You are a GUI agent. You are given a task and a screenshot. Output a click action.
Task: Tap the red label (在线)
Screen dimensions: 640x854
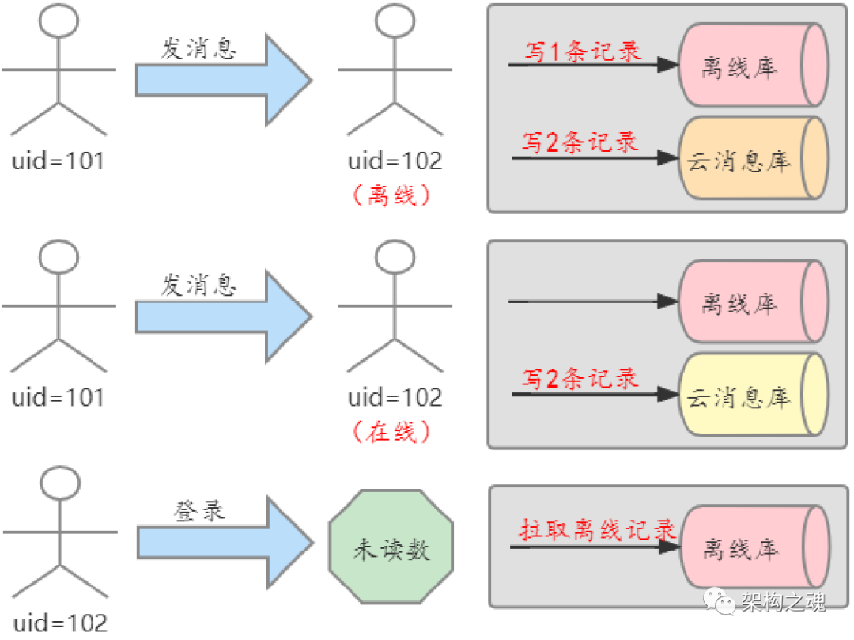(x=393, y=432)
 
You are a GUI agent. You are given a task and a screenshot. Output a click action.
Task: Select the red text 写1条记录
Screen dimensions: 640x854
(x=583, y=51)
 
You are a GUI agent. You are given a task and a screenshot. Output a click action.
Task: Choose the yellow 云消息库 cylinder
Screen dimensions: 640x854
(x=751, y=396)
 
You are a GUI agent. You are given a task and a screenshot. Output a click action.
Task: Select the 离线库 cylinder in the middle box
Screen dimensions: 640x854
(x=751, y=303)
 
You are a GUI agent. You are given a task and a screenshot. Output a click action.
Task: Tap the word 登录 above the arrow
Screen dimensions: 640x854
(x=199, y=510)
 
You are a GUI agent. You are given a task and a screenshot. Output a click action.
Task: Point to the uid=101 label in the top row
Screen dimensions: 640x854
(x=59, y=162)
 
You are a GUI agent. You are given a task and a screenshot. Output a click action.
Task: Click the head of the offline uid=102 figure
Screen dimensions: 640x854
(x=395, y=21)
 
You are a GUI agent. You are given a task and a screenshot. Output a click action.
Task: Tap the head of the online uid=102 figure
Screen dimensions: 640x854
(x=395, y=256)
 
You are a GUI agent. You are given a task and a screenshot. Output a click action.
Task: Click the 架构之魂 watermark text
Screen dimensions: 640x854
(x=783, y=603)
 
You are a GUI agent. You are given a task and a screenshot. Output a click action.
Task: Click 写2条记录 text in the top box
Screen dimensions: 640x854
(x=580, y=143)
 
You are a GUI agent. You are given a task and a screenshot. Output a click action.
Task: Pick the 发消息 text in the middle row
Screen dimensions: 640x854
(x=198, y=285)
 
